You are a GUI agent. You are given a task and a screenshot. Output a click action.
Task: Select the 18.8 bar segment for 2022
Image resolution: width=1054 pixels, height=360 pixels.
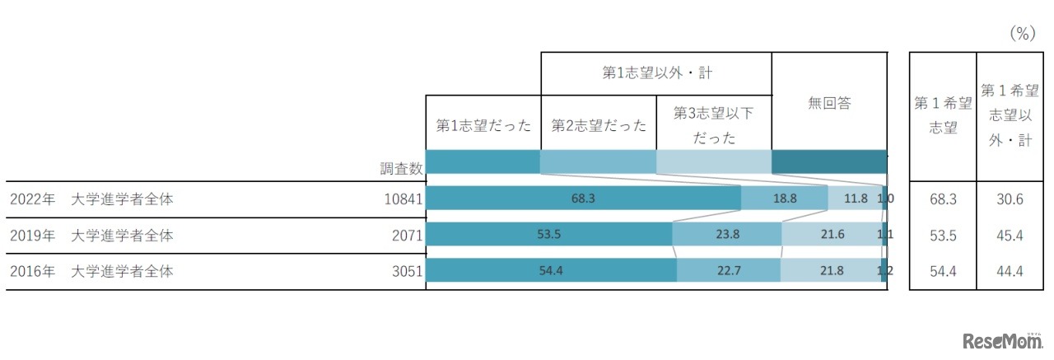click(784, 199)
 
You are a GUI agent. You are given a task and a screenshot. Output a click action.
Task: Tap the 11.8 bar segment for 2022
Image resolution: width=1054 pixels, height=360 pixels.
click(855, 199)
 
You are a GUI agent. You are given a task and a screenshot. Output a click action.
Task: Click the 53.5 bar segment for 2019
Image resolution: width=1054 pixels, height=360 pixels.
click(548, 235)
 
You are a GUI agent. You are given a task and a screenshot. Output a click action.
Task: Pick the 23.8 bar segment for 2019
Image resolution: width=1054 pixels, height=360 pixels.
click(726, 235)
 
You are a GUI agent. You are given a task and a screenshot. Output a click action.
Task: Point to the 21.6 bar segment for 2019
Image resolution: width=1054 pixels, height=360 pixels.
click(830, 235)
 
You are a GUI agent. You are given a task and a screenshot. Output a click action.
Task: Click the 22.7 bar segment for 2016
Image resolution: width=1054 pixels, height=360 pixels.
click(728, 271)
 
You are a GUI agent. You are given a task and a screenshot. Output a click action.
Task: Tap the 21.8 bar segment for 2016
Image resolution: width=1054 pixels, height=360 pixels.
click(830, 271)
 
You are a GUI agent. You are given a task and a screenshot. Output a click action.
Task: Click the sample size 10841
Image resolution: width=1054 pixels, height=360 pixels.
click(402, 199)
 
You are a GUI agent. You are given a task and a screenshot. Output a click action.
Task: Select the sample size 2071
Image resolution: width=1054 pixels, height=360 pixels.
click(407, 235)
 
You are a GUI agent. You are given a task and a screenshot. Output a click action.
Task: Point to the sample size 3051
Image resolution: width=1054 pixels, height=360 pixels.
click(407, 271)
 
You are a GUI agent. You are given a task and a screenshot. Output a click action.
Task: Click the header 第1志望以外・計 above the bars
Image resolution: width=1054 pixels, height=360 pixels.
click(656, 73)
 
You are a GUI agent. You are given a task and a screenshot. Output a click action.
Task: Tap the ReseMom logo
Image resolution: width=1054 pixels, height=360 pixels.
click(997, 341)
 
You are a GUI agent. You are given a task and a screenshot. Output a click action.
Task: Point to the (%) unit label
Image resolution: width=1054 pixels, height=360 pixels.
click(1021, 34)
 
